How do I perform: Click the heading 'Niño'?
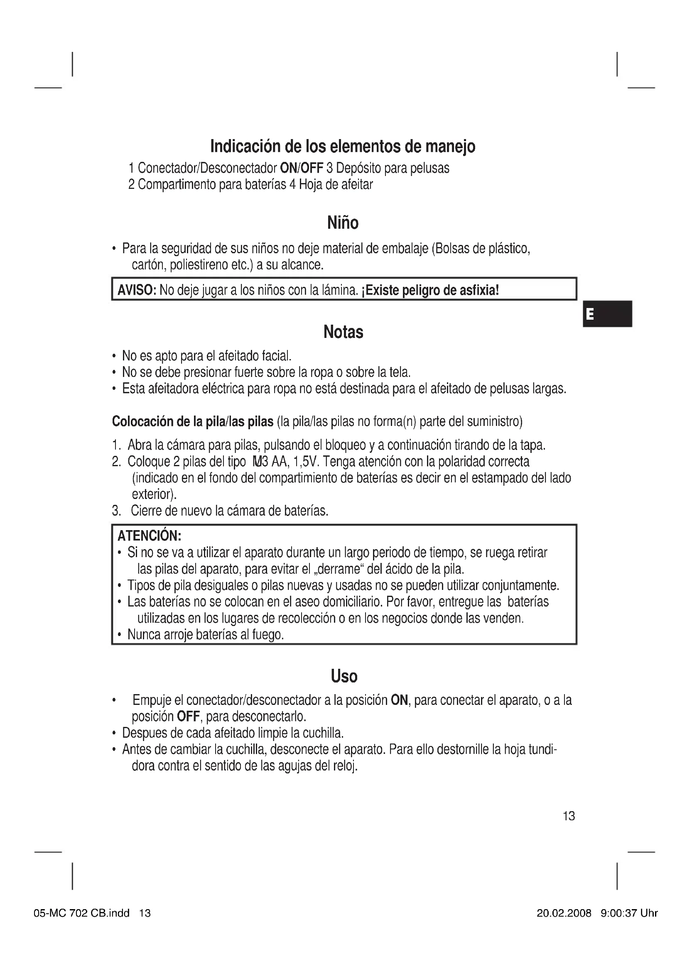343,223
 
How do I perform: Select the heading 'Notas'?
343,332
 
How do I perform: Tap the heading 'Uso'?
344,676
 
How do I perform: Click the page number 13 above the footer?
569,816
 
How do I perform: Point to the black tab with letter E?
607,314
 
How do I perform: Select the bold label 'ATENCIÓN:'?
150,536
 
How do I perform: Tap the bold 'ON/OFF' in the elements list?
302,168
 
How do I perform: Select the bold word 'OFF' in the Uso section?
188,717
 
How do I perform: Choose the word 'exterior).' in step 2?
155,494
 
